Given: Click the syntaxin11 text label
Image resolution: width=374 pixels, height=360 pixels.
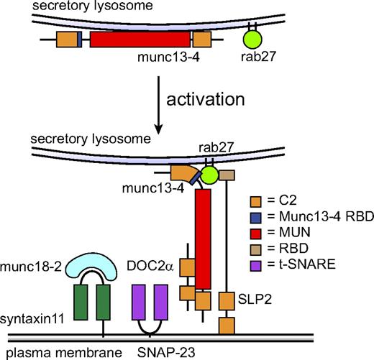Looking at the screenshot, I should coord(32,318).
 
